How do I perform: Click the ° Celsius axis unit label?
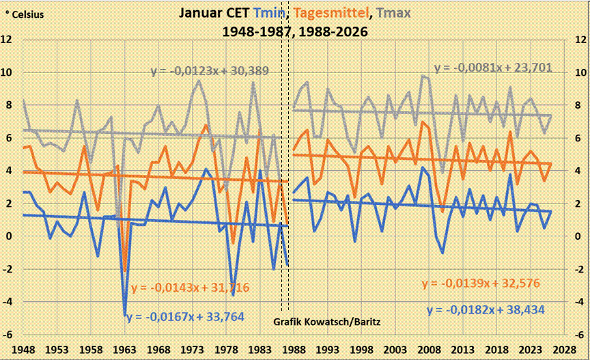click(25, 14)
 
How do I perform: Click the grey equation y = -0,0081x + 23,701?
click(493, 68)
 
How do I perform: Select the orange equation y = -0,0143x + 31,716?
click(190, 287)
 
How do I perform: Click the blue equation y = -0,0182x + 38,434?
click(486, 309)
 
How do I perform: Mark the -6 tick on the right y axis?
click(576, 335)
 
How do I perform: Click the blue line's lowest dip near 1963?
click(125, 315)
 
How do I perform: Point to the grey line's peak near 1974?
click(199, 81)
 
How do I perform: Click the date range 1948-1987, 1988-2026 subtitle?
click(295, 31)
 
